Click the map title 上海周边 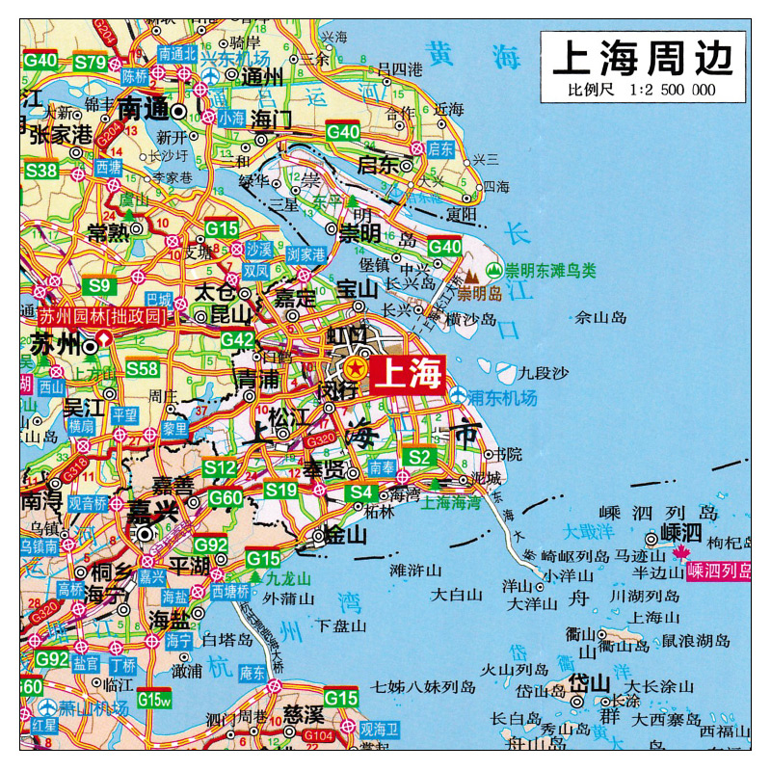tap(642, 59)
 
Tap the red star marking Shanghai tap(355, 367)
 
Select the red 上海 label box tap(407, 373)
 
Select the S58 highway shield tap(143, 368)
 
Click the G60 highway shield tap(226, 497)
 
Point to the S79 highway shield tap(91, 62)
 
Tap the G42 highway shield tap(237, 339)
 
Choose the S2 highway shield tap(417, 456)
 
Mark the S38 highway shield tap(41, 171)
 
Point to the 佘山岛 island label tap(599, 316)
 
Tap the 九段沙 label tap(545, 372)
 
